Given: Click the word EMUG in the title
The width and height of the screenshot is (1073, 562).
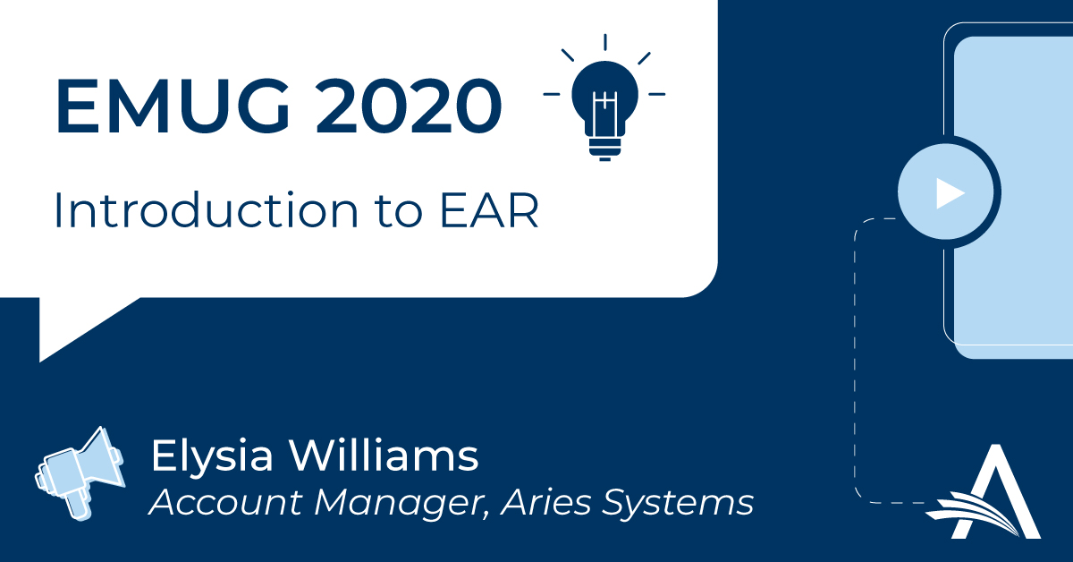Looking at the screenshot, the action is pos(173,106).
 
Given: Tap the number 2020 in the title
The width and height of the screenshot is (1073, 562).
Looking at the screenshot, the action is pos(409,106).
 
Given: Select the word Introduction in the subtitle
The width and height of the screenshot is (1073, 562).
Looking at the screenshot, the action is pos(207,209).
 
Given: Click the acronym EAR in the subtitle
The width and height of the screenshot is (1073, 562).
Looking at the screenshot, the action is pos(489,210).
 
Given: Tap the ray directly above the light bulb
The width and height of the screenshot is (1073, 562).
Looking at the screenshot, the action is pos(605,42).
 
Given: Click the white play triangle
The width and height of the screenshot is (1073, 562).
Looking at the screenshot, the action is pos(950,193).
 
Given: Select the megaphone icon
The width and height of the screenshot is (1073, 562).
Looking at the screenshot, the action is pos(80,473).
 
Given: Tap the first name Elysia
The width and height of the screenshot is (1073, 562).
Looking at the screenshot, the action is pos(212,456).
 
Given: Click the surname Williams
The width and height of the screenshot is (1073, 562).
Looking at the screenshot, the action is pos(384,456).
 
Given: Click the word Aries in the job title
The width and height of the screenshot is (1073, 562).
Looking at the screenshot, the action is pos(545,502).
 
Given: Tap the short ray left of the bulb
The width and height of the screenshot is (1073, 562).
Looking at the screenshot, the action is pos(552,94).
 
